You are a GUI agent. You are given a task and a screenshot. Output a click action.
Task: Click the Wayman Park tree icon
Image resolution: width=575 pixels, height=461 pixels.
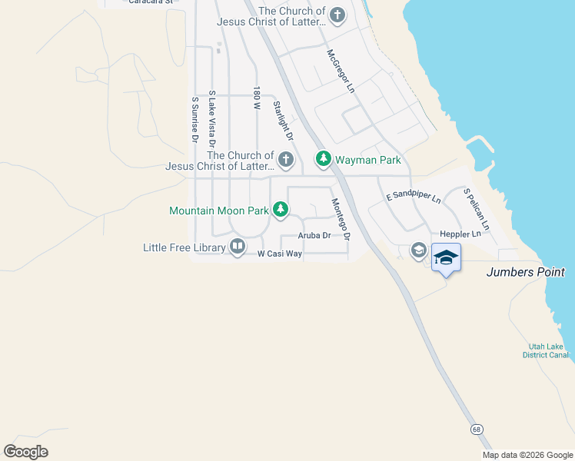tap(324, 159)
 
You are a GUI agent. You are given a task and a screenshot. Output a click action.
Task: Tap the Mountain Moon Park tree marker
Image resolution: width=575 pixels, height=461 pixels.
tap(281, 209)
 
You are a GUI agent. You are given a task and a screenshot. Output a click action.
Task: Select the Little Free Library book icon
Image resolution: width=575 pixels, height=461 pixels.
tap(238, 247)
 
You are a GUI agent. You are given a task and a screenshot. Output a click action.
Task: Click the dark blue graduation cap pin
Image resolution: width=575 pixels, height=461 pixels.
tap(446, 257)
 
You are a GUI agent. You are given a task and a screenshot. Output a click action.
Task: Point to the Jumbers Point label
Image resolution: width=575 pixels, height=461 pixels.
tap(526, 272)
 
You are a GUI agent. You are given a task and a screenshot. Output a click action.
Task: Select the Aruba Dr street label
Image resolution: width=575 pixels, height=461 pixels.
tap(314, 236)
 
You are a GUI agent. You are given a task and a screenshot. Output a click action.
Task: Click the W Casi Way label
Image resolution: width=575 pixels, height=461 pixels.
tap(279, 253)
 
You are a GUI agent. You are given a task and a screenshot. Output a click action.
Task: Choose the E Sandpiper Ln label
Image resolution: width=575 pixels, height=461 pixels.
tap(414, 197)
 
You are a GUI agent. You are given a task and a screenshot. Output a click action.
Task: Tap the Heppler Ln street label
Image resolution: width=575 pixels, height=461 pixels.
tap(460, 233)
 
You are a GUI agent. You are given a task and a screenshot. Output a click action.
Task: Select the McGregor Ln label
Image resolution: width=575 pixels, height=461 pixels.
tap(341, 71)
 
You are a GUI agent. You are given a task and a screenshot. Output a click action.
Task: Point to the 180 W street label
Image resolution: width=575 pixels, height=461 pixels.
tap(258, 98)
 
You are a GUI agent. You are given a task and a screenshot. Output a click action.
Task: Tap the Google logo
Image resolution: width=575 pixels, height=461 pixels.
tap(25, 451)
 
